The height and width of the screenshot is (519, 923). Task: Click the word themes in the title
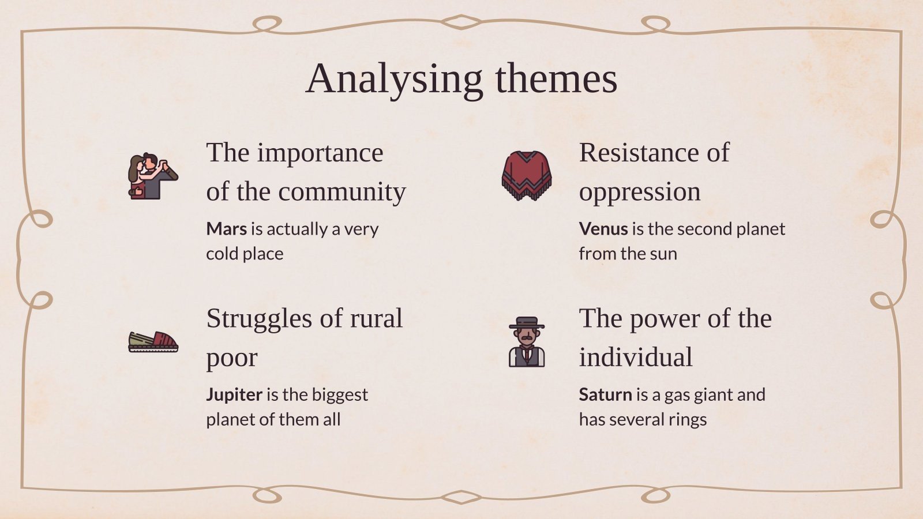point(556,79)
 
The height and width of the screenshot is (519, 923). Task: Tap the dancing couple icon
point(152,176)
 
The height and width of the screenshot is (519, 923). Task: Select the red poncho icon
point(526,175)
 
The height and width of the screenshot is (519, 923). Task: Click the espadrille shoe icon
point(153,341)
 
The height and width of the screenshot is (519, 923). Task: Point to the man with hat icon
point(526,343)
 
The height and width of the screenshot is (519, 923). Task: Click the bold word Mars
point(226,229)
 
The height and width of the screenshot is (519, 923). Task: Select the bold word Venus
point(603,229)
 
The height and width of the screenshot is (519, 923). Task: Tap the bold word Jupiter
point(234,394)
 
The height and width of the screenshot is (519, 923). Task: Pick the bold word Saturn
point(605,394)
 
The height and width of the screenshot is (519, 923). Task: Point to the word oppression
point(639,192)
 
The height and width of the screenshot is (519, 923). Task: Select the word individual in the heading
point(635,357)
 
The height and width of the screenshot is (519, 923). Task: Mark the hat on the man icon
point(526,322)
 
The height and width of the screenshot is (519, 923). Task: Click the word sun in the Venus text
point(662,254)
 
